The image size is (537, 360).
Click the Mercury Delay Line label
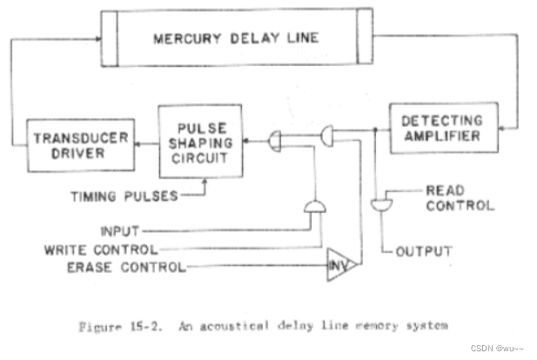[235, 39]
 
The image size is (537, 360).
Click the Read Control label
[460, 197]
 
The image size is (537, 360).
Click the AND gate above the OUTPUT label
[380, 203]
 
